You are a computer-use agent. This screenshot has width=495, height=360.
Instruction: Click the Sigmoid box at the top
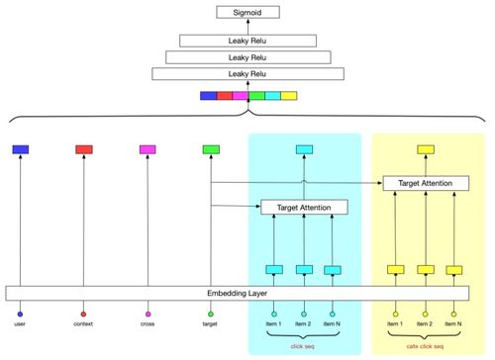(247, 13)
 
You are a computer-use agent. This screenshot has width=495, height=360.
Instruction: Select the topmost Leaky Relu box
(247, 41)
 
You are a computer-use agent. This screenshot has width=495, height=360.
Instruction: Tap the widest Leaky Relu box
(247, 74)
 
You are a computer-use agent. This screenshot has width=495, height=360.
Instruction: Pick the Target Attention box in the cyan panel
(305, 207)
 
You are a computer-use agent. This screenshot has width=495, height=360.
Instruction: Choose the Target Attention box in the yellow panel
(427, 183)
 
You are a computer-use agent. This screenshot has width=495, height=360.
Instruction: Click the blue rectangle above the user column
(20, 149)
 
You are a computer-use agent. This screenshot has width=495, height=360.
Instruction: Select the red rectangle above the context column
(84, 149)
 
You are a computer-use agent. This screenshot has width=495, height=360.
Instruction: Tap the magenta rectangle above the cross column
(148, 149)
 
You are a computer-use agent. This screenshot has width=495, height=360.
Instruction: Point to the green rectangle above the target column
(211, 149)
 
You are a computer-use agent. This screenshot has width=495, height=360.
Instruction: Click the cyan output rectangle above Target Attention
(305, 149)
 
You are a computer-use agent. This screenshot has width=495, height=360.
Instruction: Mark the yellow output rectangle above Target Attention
(427, 149)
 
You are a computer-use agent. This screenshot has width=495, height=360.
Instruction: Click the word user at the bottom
(20, 323)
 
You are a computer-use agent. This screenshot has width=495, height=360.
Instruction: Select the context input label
(84, 323)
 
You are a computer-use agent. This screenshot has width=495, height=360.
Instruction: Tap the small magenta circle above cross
(148, 314)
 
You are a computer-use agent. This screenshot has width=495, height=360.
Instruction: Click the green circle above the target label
(211, 314)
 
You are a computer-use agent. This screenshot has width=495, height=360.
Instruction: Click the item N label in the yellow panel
(455, 323)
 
